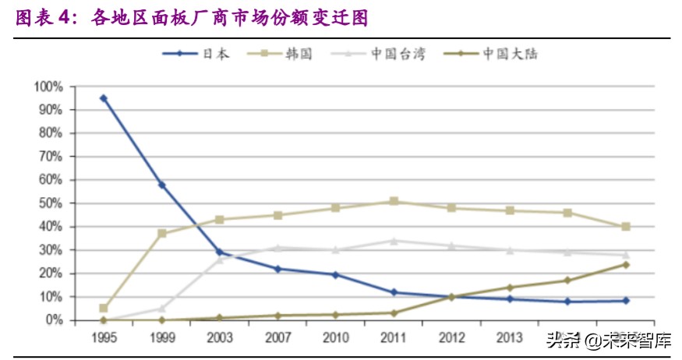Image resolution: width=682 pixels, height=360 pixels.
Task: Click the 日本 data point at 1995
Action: tap(104, 98)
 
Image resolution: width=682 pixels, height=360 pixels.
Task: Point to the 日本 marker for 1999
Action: tap(161, 185)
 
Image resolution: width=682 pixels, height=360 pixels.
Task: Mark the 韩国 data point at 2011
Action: tap(394, 201)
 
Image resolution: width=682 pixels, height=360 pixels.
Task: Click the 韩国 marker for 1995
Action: tap(104, 309)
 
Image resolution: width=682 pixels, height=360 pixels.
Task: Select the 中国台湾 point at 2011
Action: tap(394, 241)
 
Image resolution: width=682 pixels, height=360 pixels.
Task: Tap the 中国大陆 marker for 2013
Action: tap(510, 288)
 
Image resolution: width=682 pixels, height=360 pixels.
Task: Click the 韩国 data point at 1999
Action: tap(161, 234)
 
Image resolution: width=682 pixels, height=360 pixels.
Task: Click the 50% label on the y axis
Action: tap(51, 203)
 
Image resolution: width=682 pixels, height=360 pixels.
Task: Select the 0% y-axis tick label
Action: tap(54, 320)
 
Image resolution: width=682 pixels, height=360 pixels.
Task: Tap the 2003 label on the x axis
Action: tap(219, 337)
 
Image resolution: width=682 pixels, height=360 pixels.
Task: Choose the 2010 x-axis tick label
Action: tap(335, 337)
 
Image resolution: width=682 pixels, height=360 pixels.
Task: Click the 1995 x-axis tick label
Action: tap(104, 337)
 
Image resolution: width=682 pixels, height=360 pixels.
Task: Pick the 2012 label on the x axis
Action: tap(451, 337)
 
